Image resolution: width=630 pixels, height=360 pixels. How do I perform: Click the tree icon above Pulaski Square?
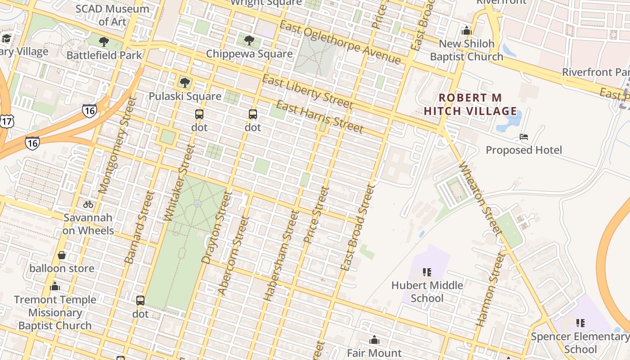coord(184,82)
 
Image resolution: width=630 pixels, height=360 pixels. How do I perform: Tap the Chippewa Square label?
coord(249,54)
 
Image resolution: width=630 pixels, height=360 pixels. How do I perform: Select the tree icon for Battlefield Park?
coord(104,42)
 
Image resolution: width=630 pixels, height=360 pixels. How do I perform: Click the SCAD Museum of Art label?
coord(112,15)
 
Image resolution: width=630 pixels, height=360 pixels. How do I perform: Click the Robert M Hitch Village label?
coord(470,104)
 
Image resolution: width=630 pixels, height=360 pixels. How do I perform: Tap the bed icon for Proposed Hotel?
coord(523,136)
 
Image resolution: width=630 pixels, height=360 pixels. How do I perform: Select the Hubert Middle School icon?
coord(427,272)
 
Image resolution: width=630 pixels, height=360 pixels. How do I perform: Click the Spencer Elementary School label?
coord(580,342)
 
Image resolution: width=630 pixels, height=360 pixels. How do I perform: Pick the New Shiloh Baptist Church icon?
coord(466,31)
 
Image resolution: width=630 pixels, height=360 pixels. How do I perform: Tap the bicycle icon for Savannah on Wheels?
coord(88,204)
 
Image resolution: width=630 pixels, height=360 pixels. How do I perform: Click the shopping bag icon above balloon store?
coord(62,255)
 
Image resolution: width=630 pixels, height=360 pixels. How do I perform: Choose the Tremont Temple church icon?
coord(55,286)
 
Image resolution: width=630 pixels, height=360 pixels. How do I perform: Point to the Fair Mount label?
coord(374,353)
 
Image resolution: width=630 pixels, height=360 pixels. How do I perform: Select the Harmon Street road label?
coord(488,288)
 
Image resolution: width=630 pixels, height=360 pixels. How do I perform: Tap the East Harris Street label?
coord(319,117)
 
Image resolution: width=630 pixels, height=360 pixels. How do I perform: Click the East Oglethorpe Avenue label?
coord(340,42)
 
